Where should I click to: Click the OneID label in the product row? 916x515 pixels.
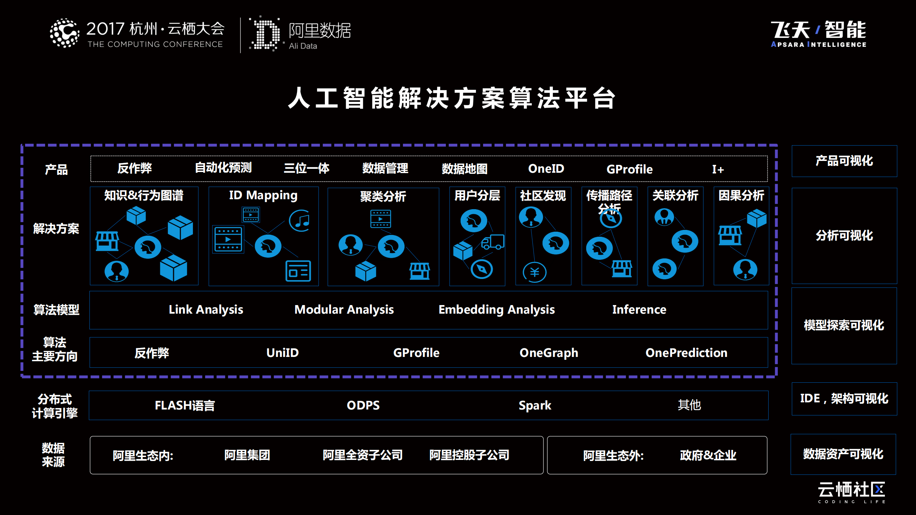pyautogui.click(x=546, y=168)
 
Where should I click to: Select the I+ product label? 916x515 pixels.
pyautogui.click(x=718, y=169)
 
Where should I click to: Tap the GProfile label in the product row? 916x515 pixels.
pyautogui.click(x=629, y=169)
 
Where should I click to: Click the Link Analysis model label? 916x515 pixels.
pyautogui.click(x=206, y=310)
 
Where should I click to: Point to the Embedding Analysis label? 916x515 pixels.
pyautogui.click(x=497, y=310)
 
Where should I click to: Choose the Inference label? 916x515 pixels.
pyautogui.click(x=639, y=309)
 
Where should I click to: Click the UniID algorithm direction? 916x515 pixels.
pyautogui.click(x=282, y=353)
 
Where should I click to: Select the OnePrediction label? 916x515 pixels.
pyautogui.click(x=686, y=353)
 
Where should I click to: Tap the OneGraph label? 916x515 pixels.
pyautogui.click(x=549, y=353)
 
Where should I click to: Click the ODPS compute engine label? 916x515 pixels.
pyautogui.click(x=363, y=405)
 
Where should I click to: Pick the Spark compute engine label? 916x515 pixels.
pyautogui.click(x=535, y=406)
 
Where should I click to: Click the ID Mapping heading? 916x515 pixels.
pyautogui.click(x=263, y=195)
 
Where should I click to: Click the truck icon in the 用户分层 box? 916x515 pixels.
pyautogui.click(x=493, y=242)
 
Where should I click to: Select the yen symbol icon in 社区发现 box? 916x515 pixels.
pyautogui.click(x=535, y=272)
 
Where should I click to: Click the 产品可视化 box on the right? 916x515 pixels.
pyautogui.click(x=844, y=161)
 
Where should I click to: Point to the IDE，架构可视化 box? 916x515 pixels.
pyautogui.click(x=844, y=399)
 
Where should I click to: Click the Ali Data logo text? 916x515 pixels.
pyautogui.click(x=303, y=46)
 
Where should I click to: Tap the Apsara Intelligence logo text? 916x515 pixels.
pyautogui.click(x=818, y=44)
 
